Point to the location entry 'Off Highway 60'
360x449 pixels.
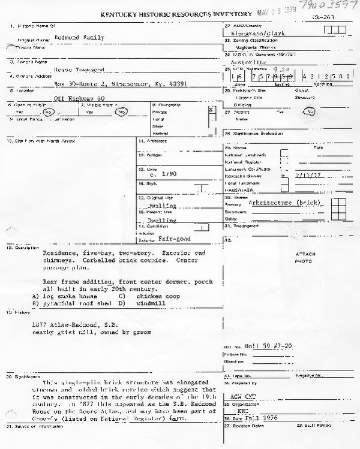tap(79, 98)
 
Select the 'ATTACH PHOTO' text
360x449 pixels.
tap(305, 258)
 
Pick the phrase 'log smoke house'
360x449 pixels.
tap(67, 296)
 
